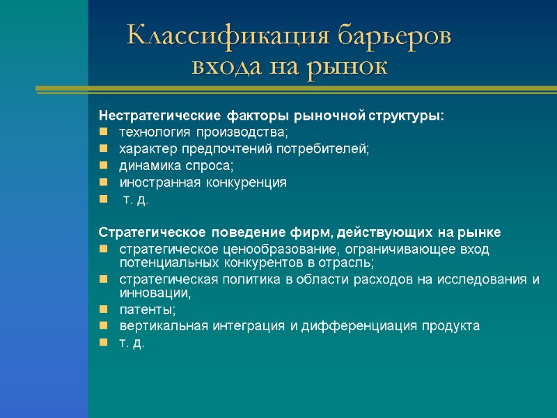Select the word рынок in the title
pos(351,67)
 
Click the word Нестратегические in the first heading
pos(159,115)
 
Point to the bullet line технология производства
pos(203,132)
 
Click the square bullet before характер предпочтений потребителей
pos(104,149)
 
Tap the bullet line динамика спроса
pos(177,166)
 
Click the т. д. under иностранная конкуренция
pos(136,200)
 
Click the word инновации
pos(155,293)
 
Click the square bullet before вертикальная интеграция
pos(104,327)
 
